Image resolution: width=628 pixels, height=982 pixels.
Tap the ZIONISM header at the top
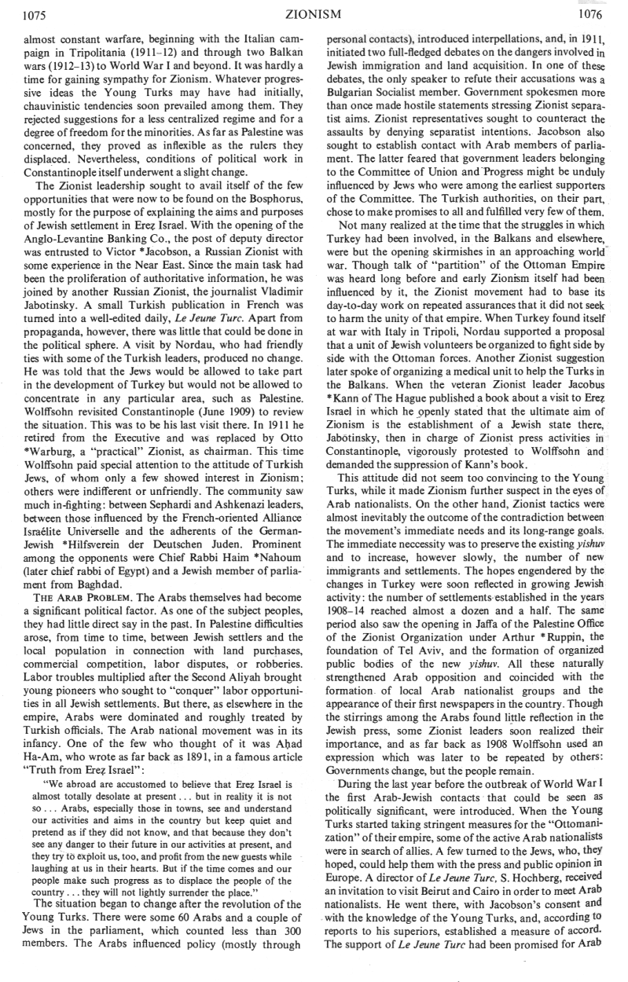[313, 13]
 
